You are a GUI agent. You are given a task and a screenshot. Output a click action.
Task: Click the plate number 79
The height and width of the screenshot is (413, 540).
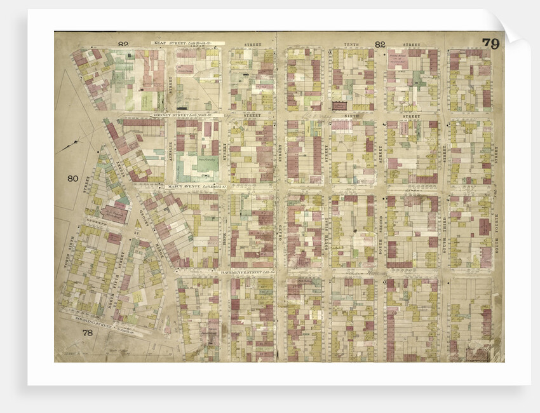point(490,43)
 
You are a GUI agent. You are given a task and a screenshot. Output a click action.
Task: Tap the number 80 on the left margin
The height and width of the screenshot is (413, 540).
point(72,178)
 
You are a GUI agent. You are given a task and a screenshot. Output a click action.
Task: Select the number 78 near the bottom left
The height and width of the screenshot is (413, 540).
point(88,333)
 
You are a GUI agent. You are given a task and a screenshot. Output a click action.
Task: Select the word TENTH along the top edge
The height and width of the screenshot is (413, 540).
point(351,44)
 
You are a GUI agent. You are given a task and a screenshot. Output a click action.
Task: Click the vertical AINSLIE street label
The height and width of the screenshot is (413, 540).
point(170,152)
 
